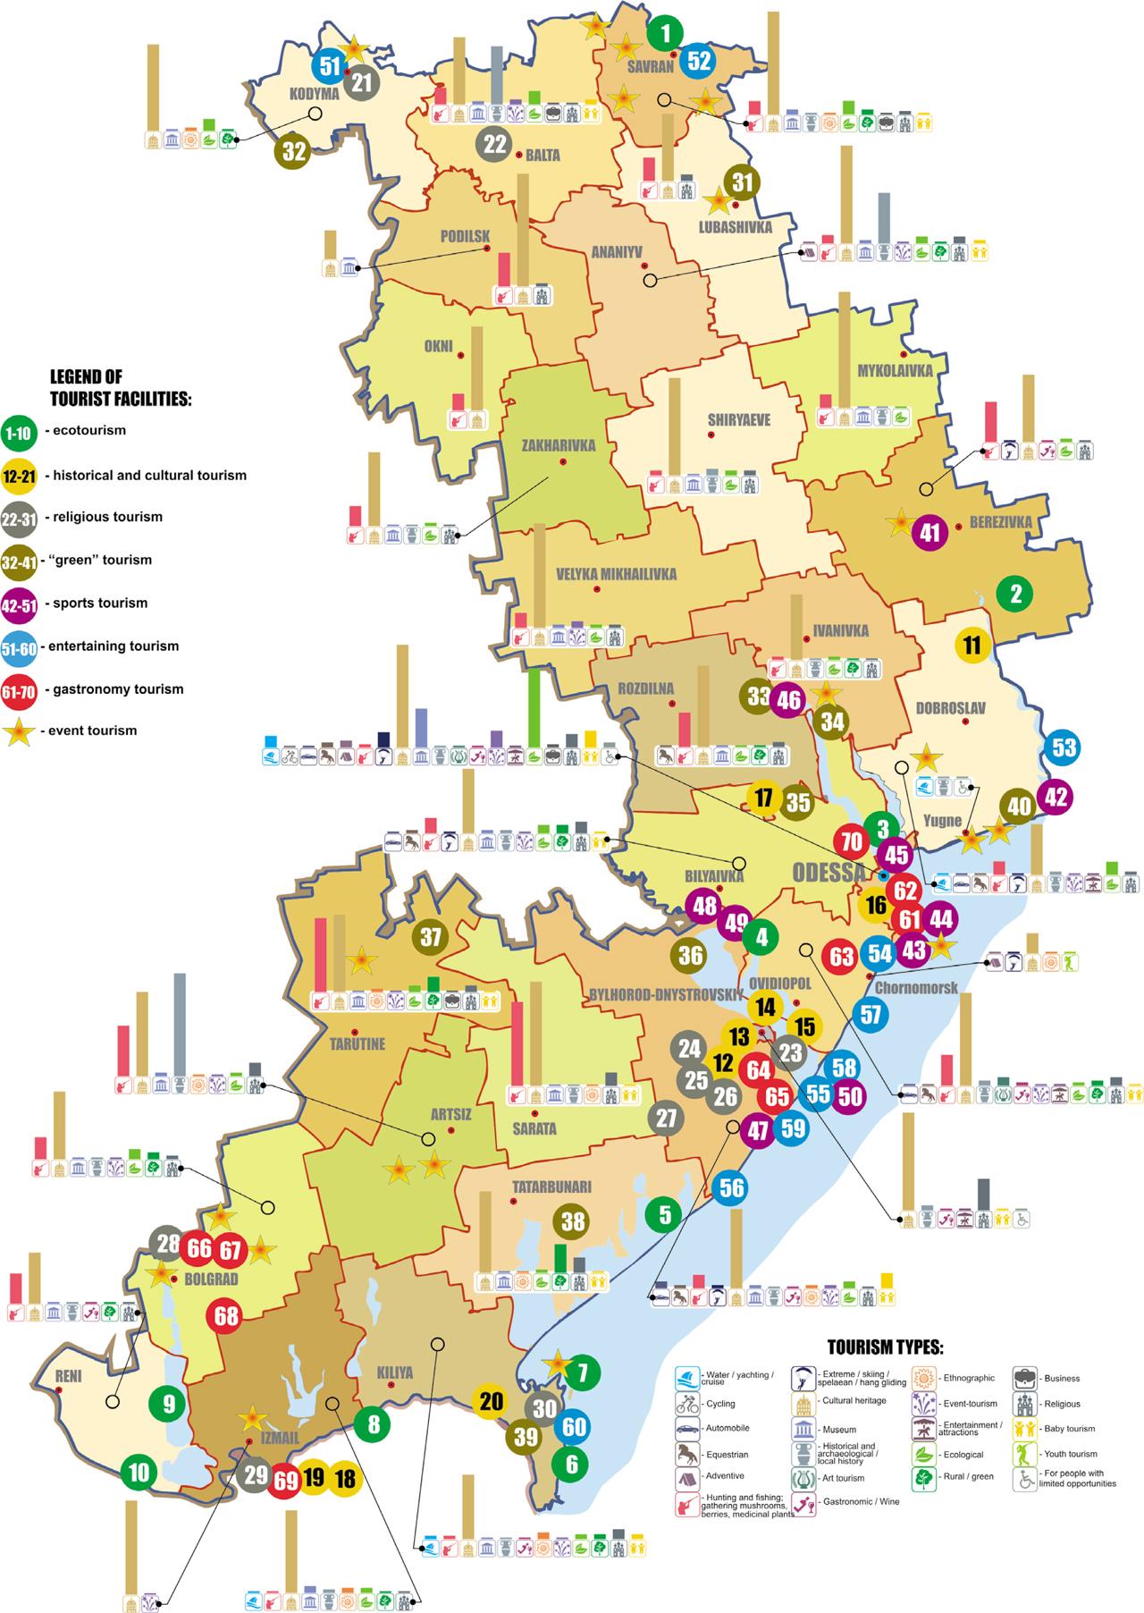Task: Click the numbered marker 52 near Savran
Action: pyautogui.click(x=699, y=61)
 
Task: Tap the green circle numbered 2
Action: pyautogui.click(x=1014, y=593)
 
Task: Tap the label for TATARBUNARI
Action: pyautogui.click(x=551, y=1187)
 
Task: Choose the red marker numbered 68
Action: pyautogui.click(x=226, y=1316)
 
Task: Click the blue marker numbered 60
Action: pyautogui.click(x=574, y=1426)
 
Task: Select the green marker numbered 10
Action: pyautogui.click(x=139, y=1471)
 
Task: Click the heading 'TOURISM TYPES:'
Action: pyautogui.click(x=885, y=1347)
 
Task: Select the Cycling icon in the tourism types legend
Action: pyautogui.click(x=687, y=1404)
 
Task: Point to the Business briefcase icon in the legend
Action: pyautogui.click(x=1025, y=1378)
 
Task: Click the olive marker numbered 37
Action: pyautogui.click(x=431, y=937)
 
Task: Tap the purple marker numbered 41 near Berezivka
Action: pyautogui.click(x=929, y=533)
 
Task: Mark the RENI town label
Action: pyautogui.click(x=68, y=1377)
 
